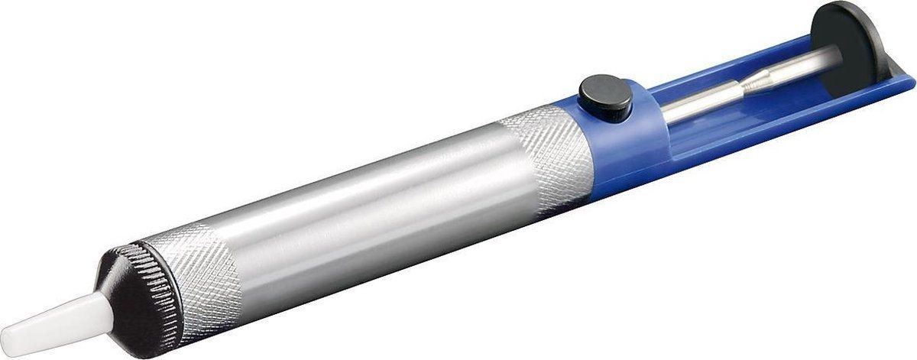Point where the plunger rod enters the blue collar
coord(662,111)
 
